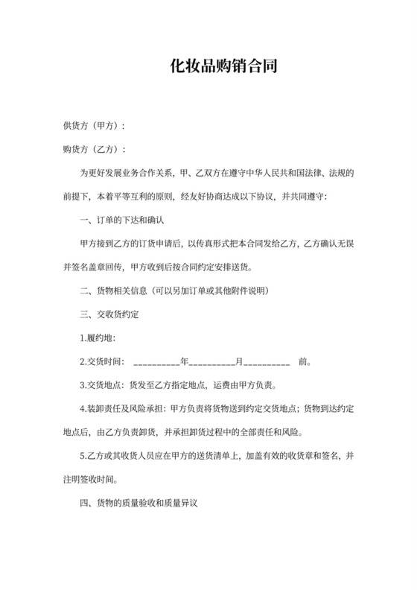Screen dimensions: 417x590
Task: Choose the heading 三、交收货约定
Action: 109,314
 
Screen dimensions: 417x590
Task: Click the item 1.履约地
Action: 97,338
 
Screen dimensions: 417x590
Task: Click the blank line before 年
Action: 156,364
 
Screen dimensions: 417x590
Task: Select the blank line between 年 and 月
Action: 211,364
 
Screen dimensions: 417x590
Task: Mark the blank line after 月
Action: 266,364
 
